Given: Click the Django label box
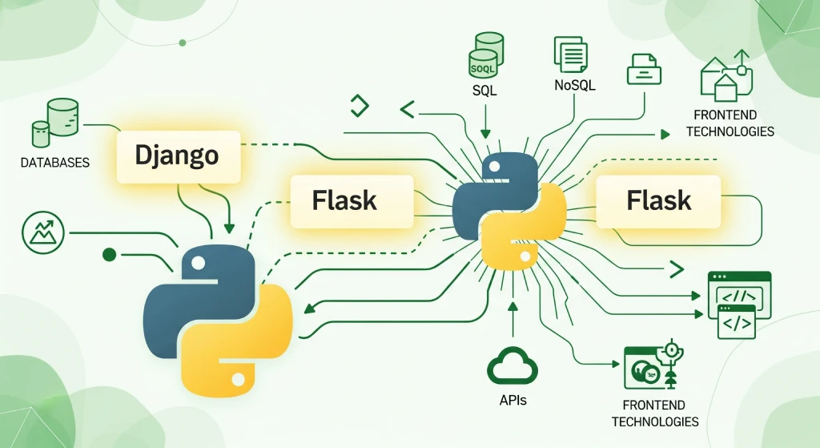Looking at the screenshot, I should click(178, 155).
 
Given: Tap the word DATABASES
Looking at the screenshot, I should click(54, 163).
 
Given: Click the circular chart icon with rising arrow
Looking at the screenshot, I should click(41, 233).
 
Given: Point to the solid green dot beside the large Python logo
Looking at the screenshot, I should click(111, 255).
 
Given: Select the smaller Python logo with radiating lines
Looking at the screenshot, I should click(508, 210).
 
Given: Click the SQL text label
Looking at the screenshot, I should click(484, 91).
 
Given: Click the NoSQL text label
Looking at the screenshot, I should click(576, 85).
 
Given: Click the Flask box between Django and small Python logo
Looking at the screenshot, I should click(345, 200).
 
